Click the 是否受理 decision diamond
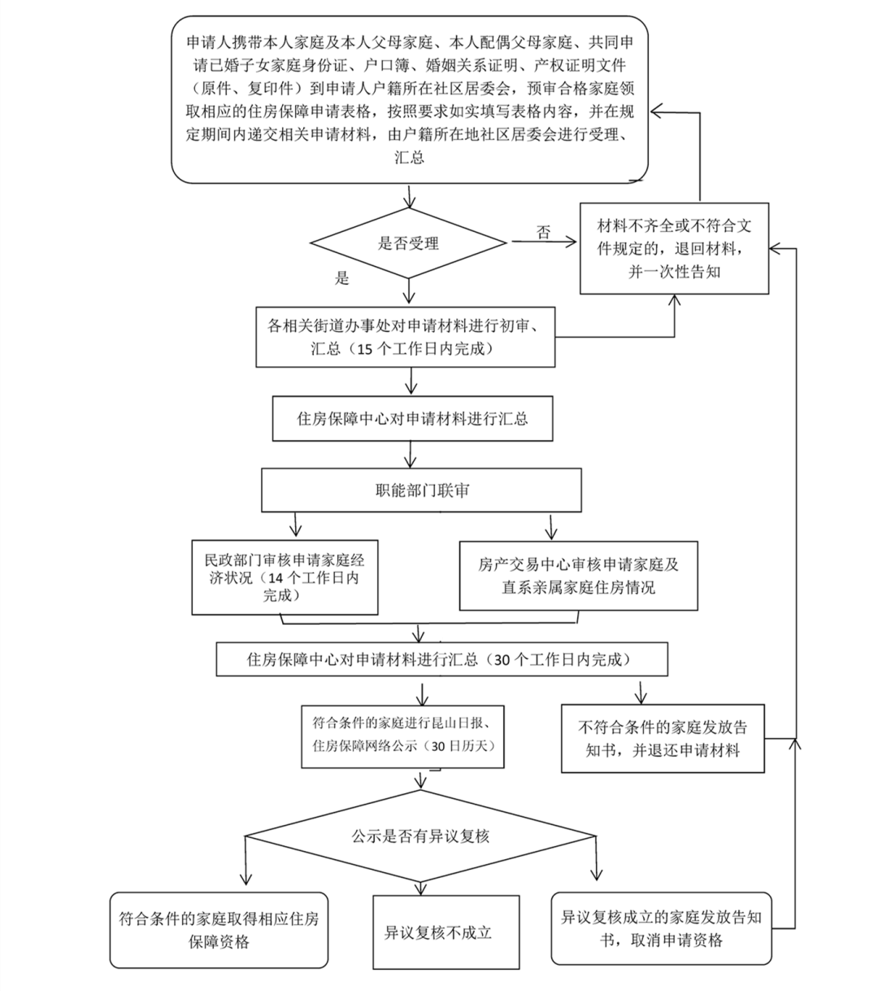tap(408, 242)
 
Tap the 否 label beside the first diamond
tap(544, 233)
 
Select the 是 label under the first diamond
tap(342, 278)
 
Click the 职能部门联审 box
tap(421, 491)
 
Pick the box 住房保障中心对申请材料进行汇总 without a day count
tap(412, 419)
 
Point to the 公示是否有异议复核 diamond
tap(420, 836)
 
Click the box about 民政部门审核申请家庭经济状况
tap(285, 578)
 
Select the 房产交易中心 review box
tap(578, 575)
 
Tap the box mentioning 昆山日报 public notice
tap(402, 736)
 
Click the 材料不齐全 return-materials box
tap(674, 248)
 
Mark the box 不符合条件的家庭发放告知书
tap(663, 738)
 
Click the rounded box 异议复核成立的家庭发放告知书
tap(662, 928)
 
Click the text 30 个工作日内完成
tap(562, 660)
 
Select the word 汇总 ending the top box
tap(409, 157)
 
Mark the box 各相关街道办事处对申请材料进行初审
tap(406, 336)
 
